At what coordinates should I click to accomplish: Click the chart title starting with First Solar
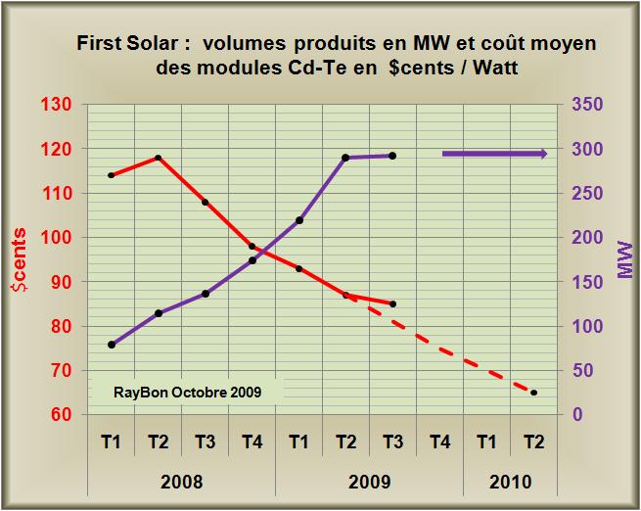coord(334,57)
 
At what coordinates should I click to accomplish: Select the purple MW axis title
coord(624,259)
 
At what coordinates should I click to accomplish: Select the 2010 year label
coord(510,482)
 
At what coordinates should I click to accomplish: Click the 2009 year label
coord(369,482)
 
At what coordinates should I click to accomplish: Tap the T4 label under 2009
coord(439,441)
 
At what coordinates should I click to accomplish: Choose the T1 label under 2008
coord(112,441)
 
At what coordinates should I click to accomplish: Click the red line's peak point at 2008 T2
coord(159,158)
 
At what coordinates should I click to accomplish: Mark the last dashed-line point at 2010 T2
coord(533,393)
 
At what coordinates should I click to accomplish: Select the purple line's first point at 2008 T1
coord(112,345)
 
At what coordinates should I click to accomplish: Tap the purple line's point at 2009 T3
coord(392,156)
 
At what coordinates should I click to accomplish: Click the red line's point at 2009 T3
coord(392,303)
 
